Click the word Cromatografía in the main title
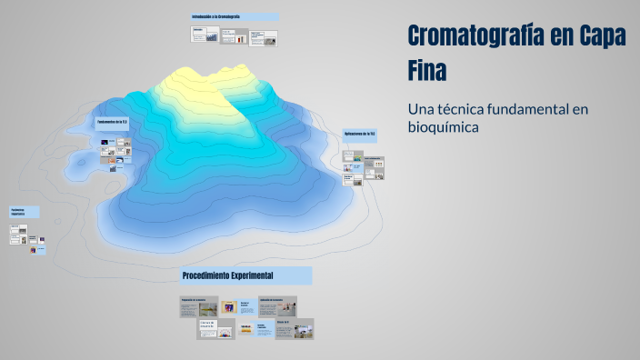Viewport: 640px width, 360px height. pos(476,35)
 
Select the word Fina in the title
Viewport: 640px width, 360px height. pos(427,69)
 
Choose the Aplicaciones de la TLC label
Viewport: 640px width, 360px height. pos(360,134)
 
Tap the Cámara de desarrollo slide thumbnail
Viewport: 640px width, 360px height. pos(216,327)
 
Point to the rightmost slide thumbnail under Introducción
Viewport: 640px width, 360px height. pos(264,38)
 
